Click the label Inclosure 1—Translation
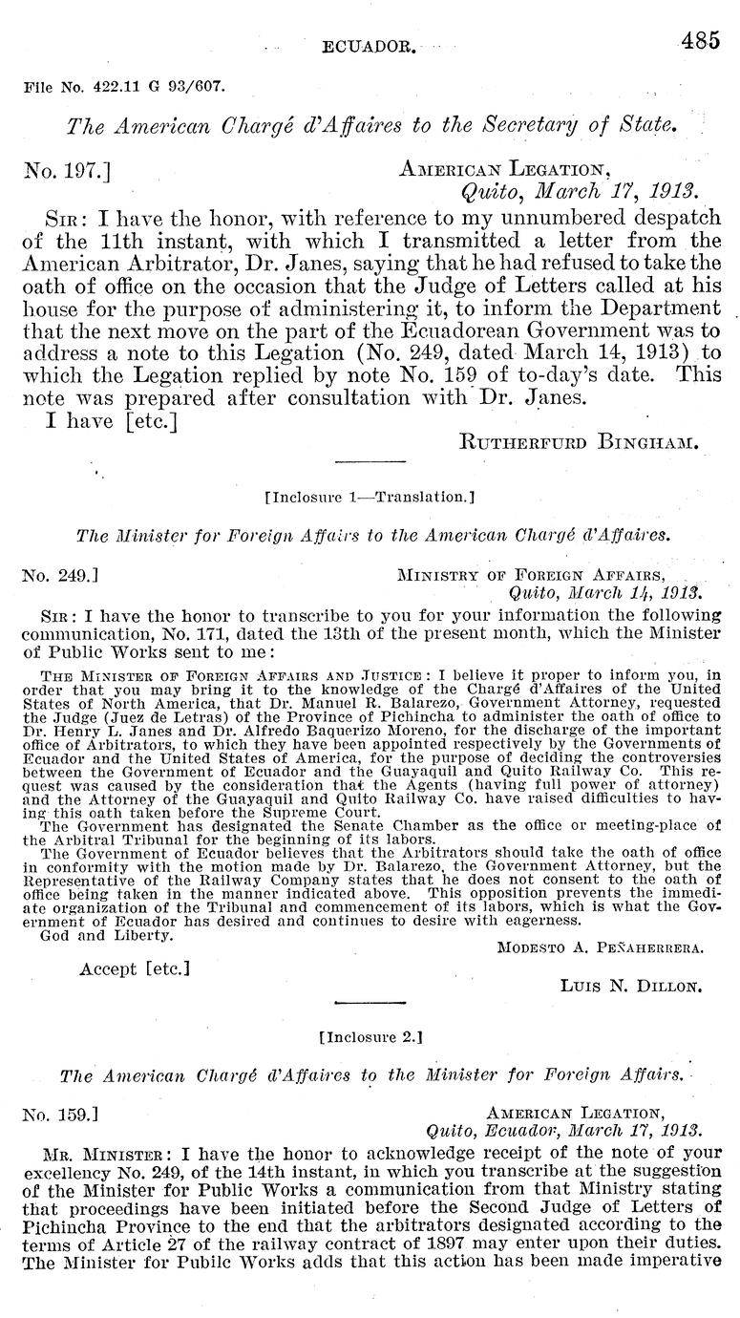(370, 497)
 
